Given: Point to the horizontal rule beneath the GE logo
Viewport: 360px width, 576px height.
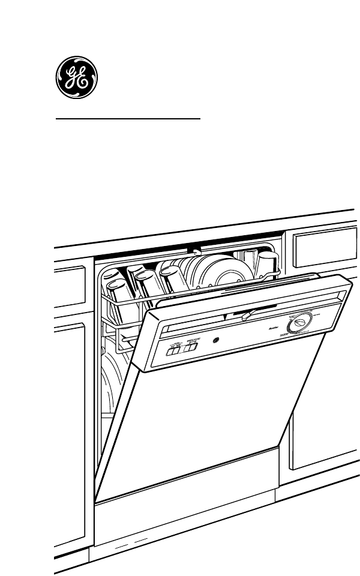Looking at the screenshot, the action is [128, 119].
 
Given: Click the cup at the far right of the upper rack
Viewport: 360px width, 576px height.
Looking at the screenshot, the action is [268, 265].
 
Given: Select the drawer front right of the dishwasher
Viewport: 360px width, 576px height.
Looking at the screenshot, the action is [323, 245].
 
